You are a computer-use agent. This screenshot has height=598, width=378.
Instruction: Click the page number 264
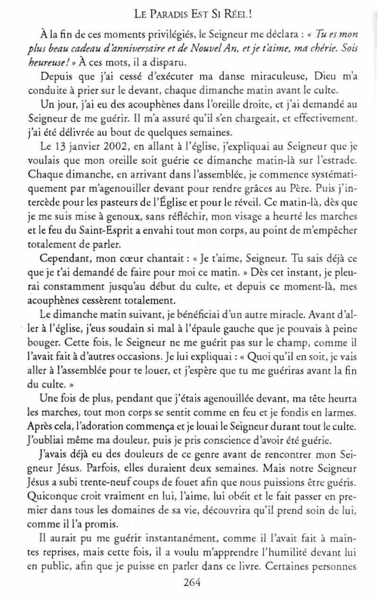coord(192,582)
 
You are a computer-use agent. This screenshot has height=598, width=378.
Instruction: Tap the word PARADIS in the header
coord(175,14)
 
